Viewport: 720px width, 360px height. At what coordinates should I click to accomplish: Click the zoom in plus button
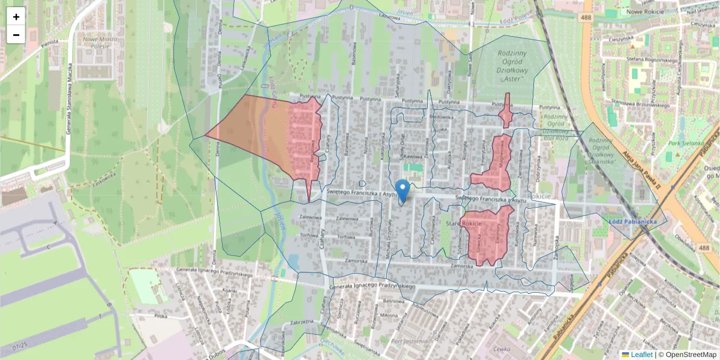pos(16,17)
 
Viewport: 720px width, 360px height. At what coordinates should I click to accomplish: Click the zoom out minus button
pos(16,35)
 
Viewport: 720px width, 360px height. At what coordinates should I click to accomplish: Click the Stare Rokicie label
pos(461,224)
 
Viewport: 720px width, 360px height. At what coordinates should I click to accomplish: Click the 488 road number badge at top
pos(587,18)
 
